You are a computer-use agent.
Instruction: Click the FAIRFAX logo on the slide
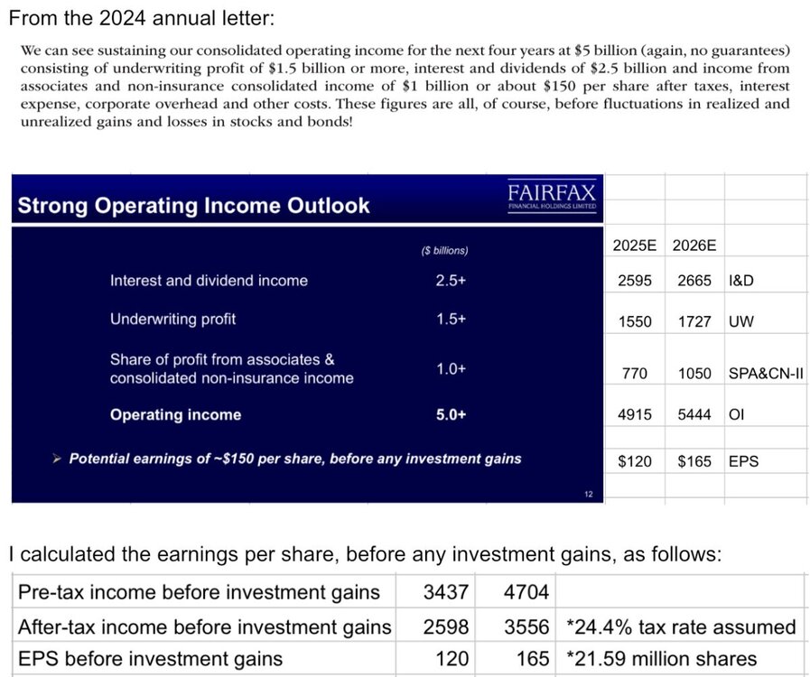tap(552, 196)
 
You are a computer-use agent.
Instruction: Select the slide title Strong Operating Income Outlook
tap(194, 206)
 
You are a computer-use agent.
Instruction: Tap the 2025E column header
tap(635, 246)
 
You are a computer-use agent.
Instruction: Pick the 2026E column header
tap(694, 246)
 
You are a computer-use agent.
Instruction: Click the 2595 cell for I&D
tap(635, 281)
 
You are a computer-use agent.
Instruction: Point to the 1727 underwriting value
tap(694, 321)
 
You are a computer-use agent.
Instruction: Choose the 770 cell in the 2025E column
tap(635, 374)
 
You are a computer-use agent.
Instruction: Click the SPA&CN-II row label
tap(766, 374)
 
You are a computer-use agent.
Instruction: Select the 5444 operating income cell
tap(694, 414)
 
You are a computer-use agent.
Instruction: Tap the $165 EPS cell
tap(694, 461)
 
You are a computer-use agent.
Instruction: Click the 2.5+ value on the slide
tap(451, 281)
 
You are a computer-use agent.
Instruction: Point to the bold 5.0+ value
tap(451, 414)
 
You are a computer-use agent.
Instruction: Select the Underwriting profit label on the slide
tap(173, 320)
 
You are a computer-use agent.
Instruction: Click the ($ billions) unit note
tap(445, 250)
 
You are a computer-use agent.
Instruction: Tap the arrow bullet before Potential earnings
tap(57, 459)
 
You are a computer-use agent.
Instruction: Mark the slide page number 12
tap(589, 494)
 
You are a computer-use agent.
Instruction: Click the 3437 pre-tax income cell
tap(446, 592)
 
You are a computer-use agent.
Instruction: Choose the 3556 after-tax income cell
tap(526, 627)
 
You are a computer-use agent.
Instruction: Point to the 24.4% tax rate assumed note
tap(681, 627)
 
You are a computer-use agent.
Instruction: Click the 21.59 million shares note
tap(661, 659)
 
